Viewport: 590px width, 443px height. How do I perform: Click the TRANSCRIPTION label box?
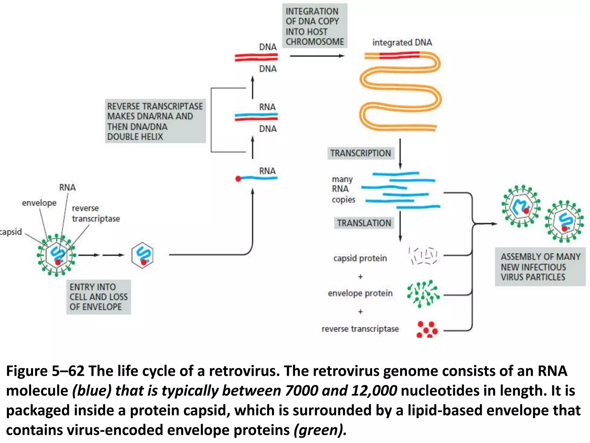click(x=360, y=153)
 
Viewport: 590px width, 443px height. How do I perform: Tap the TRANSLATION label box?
click(x=364, y=223)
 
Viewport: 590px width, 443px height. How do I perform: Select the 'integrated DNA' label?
click(x=402, y=42)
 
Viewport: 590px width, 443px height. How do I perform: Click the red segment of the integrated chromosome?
click(x=399, y=55)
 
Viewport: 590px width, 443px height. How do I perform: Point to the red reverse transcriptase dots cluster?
click(x=427, y=329)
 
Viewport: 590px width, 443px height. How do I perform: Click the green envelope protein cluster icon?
click(x=423, y=294)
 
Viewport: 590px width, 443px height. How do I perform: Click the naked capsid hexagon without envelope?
click(x=142, y=255)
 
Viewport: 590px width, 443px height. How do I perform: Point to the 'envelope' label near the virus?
click(x=39, y=203)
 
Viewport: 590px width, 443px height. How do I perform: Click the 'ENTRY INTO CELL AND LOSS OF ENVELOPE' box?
click(x=99, y=297)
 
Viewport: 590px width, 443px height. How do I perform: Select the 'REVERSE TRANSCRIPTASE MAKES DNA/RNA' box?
click(x=155, y=121)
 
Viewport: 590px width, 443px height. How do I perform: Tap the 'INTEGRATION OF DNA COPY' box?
click(x=315, y=26)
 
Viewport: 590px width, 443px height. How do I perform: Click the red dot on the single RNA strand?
click(x=238, y=179)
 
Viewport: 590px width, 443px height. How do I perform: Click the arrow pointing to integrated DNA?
click(x=317, y=56)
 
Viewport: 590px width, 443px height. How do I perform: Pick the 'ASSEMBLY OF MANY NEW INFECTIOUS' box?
click(x=540, y=267)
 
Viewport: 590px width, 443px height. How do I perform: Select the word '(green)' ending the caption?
click(x=320, y=430)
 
